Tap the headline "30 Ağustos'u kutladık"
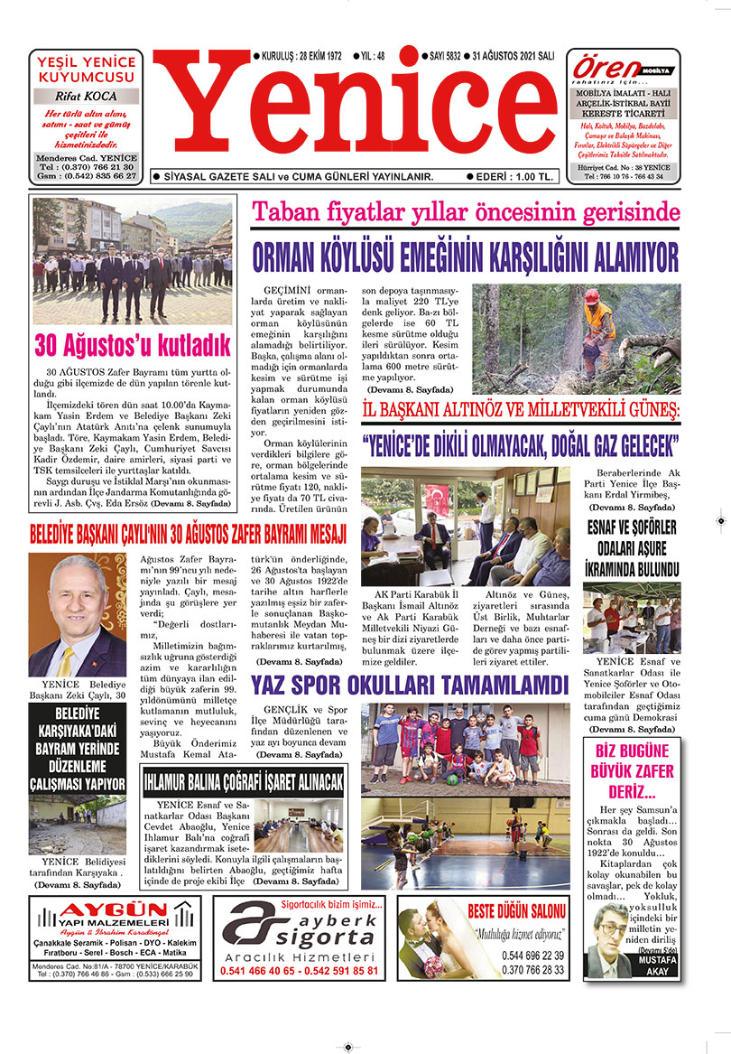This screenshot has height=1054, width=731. point(134,345)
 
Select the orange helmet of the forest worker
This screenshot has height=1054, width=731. point(591,296)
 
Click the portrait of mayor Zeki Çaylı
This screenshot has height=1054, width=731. point(78,614)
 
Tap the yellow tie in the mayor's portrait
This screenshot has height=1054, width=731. point(66,659)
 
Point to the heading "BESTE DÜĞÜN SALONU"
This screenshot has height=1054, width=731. point(517,910)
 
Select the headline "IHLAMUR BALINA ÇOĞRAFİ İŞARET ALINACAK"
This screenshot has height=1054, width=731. point(243,779)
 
